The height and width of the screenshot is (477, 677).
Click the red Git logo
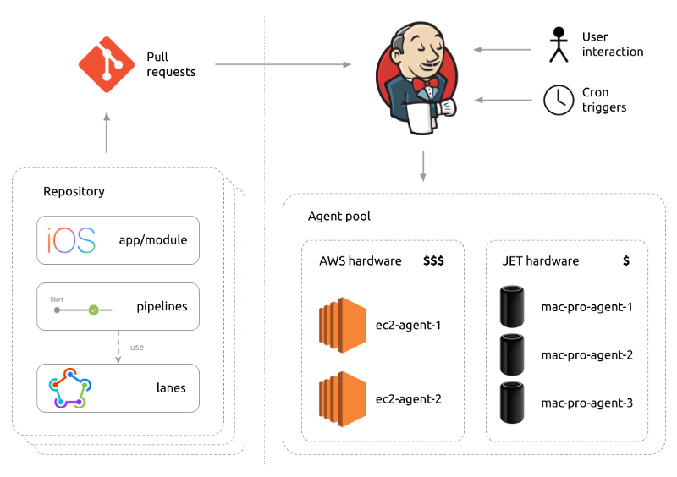click(x=107, y=64)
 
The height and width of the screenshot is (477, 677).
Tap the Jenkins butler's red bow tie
click(x=432, y=85)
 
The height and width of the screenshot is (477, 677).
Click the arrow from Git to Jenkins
click(x=283, y=64)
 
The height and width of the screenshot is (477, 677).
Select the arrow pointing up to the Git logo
click(x=107, y=133)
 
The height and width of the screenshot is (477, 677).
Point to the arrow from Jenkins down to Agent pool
click(x=423, y=166)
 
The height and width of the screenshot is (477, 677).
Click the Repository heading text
click(x=74, y=191)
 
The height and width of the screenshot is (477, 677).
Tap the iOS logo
click(x=72, y=239)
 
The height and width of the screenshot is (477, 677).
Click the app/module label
click(x=153, y=239)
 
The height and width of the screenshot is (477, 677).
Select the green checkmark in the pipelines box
click(x=94, y=310)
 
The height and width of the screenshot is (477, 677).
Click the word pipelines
click(x=162, y=305)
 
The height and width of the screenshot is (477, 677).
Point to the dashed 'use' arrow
click(x=118, y=347)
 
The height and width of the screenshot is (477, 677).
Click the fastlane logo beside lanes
click(x=69, y=388)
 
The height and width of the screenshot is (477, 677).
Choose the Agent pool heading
click(x=339, y=217)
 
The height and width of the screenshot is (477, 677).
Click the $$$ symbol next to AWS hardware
click(x=433, y=260)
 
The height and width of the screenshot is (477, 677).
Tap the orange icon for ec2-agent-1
click(x=342, y=324)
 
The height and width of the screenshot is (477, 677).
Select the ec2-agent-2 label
click(x=409, y=398)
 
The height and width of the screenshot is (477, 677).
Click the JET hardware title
click(x=541, y=260)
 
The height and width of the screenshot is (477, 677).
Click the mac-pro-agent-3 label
click(x=587, y=403)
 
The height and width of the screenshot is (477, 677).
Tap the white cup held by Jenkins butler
click(x=420, y=118)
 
